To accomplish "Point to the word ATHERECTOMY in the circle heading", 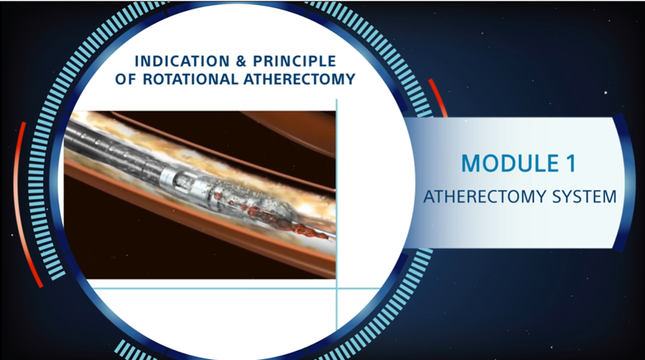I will (304, 79).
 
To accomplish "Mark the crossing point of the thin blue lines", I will (336, 288).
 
